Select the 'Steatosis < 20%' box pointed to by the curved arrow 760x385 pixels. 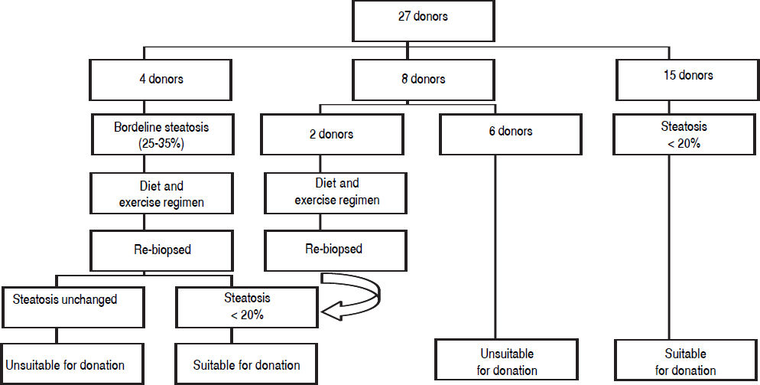[x=246, y=306]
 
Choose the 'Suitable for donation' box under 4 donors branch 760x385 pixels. [x=246, y=364]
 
